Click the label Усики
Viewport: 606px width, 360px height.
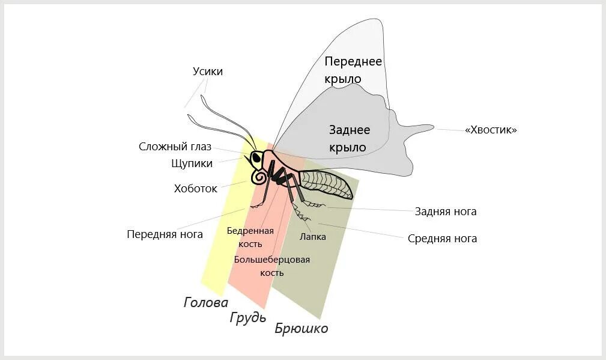(208, 72)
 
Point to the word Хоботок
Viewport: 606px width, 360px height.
(195, 188)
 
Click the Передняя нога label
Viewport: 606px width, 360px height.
(165, 234)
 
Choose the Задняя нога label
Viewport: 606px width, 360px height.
(446, 212)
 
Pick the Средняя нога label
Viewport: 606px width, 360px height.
(442, 239)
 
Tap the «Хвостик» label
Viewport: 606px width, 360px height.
(491, 130)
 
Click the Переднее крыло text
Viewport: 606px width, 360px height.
(353, 70)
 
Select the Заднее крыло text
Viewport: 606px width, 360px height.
(350, 138)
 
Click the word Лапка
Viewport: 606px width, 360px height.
(313, 237)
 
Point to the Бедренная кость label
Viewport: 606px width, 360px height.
(250, 237)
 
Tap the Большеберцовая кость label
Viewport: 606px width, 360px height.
(272, 266)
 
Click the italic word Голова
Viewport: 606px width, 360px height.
(206, 302)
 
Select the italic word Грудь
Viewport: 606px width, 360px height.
(247, 317)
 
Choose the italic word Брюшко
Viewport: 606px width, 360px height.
(301, 328)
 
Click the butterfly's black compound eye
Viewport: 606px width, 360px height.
(256, 159)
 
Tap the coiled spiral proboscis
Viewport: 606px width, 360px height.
(260, 178)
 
